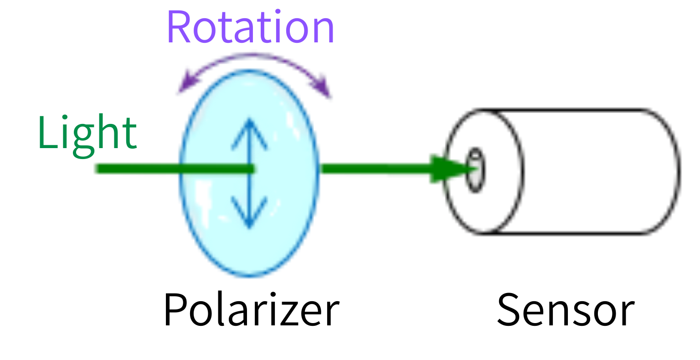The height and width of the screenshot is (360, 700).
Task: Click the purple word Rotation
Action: pos(251,27)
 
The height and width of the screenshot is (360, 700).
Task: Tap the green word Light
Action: pos(87,132)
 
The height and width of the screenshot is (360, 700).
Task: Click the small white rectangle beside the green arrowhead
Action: pos(475,171)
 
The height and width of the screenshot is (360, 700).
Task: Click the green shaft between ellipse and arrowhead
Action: pos(374,170)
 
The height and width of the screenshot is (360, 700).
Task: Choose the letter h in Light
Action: pos(108,132)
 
